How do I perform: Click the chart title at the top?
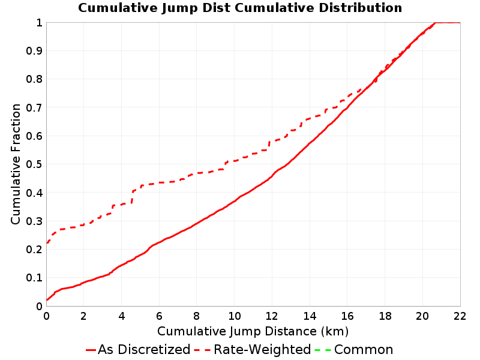(240, 8)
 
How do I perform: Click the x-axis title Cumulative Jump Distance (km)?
(253, 331)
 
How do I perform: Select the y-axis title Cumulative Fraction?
(16, 164)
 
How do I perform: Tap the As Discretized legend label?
(144, 350)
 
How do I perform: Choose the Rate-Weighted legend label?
(262, 350)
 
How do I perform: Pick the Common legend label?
(364, 350)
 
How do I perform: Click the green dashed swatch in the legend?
(323, 350)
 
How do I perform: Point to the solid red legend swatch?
(91, 350)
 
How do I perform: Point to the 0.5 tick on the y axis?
(34, 164)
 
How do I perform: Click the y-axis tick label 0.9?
(34, 51)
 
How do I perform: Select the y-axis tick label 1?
(39, 23)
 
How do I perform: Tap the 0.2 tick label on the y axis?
(34, 250)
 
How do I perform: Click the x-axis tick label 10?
(234, 316)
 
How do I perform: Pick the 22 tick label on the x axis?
(460, 316)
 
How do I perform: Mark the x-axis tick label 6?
(159, 316)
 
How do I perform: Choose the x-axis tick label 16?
(347, 316)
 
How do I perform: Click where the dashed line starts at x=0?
(47, 243)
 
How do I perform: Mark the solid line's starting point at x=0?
(47, 300)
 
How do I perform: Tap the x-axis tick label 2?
(83, 316)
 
